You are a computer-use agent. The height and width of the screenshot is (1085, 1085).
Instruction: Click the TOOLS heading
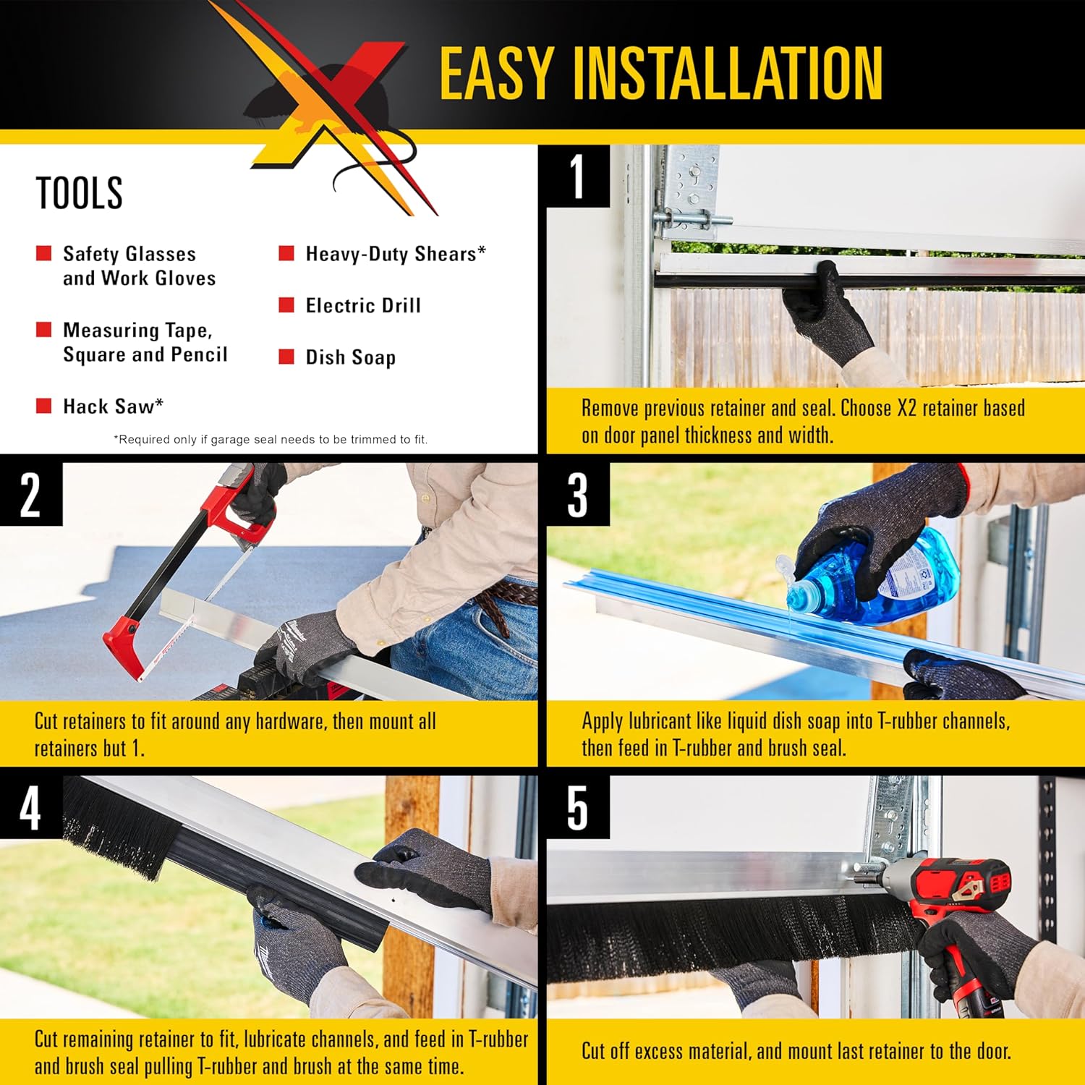80,193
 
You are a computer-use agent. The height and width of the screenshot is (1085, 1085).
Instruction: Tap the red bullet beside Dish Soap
286,357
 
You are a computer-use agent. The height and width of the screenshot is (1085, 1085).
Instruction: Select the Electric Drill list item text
363,305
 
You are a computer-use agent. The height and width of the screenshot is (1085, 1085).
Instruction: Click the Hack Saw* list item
113,407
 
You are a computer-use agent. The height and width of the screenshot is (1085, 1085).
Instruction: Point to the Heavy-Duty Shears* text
396,254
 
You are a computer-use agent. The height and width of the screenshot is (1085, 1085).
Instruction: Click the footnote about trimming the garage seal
271,439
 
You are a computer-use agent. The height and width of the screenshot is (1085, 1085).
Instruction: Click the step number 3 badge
577,495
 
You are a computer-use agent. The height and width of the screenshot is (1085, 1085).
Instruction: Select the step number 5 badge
577,807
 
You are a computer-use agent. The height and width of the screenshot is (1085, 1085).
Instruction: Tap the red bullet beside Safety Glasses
44,253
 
